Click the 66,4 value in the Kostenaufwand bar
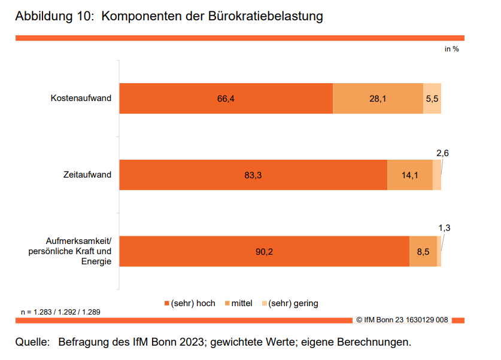point(225,99)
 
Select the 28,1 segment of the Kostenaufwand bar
point(378,99)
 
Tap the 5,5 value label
point(432,99)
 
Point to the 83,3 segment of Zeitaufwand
point(253,175)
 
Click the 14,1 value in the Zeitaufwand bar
point(410,175)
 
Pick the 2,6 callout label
point(442,153)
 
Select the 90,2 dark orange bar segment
point(264,252)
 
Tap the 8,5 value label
point(423,252)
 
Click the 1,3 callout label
point(444,227)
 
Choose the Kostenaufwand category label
point(81,99)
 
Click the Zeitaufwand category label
point(87,175)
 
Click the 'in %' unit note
point(451,49)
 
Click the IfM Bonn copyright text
point(402,321)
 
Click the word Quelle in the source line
point(32,343)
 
